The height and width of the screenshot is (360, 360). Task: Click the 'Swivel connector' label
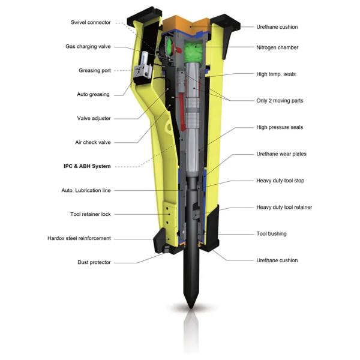(91, 23)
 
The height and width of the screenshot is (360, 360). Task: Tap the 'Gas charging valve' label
(88, 47)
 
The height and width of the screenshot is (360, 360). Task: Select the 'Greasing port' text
(95, 70)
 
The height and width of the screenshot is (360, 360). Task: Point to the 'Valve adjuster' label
(94, 118)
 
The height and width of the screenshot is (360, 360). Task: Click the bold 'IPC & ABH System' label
(87, 166)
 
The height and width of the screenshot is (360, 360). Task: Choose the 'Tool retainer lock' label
(91, 214)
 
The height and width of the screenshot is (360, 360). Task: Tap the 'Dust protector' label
(94, 262)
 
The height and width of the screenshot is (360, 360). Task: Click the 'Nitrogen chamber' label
(277, 47)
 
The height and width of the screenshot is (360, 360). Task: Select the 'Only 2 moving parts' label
(280, 101)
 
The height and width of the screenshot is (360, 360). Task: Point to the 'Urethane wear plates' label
(281, 154)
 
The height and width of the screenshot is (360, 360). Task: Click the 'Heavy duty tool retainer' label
(284, 208)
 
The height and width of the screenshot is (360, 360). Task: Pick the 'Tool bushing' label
(271, 234)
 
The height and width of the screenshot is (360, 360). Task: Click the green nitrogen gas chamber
(194, 52)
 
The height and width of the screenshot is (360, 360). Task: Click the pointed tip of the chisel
(191, 308)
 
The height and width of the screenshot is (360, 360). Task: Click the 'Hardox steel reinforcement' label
(79, 238)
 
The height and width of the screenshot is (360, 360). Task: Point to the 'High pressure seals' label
(280, 127)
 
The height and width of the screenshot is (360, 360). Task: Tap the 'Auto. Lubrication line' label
(86, 190)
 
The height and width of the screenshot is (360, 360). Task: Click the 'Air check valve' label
(93, 142)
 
